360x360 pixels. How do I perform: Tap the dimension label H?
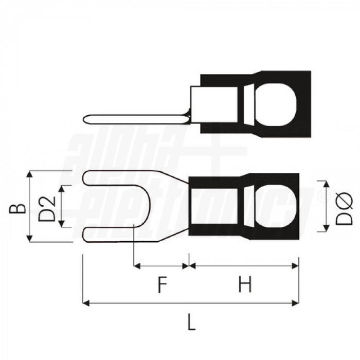point(245,284)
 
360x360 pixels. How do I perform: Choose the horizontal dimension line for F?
point(161,266)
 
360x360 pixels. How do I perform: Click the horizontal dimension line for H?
point(244,266)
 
